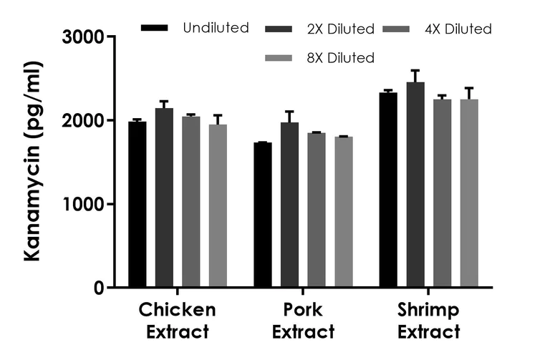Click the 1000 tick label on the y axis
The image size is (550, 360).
pos(85,204)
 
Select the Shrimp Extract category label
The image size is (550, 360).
pos(428,321)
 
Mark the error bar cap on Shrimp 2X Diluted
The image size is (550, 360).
pos(415,70)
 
